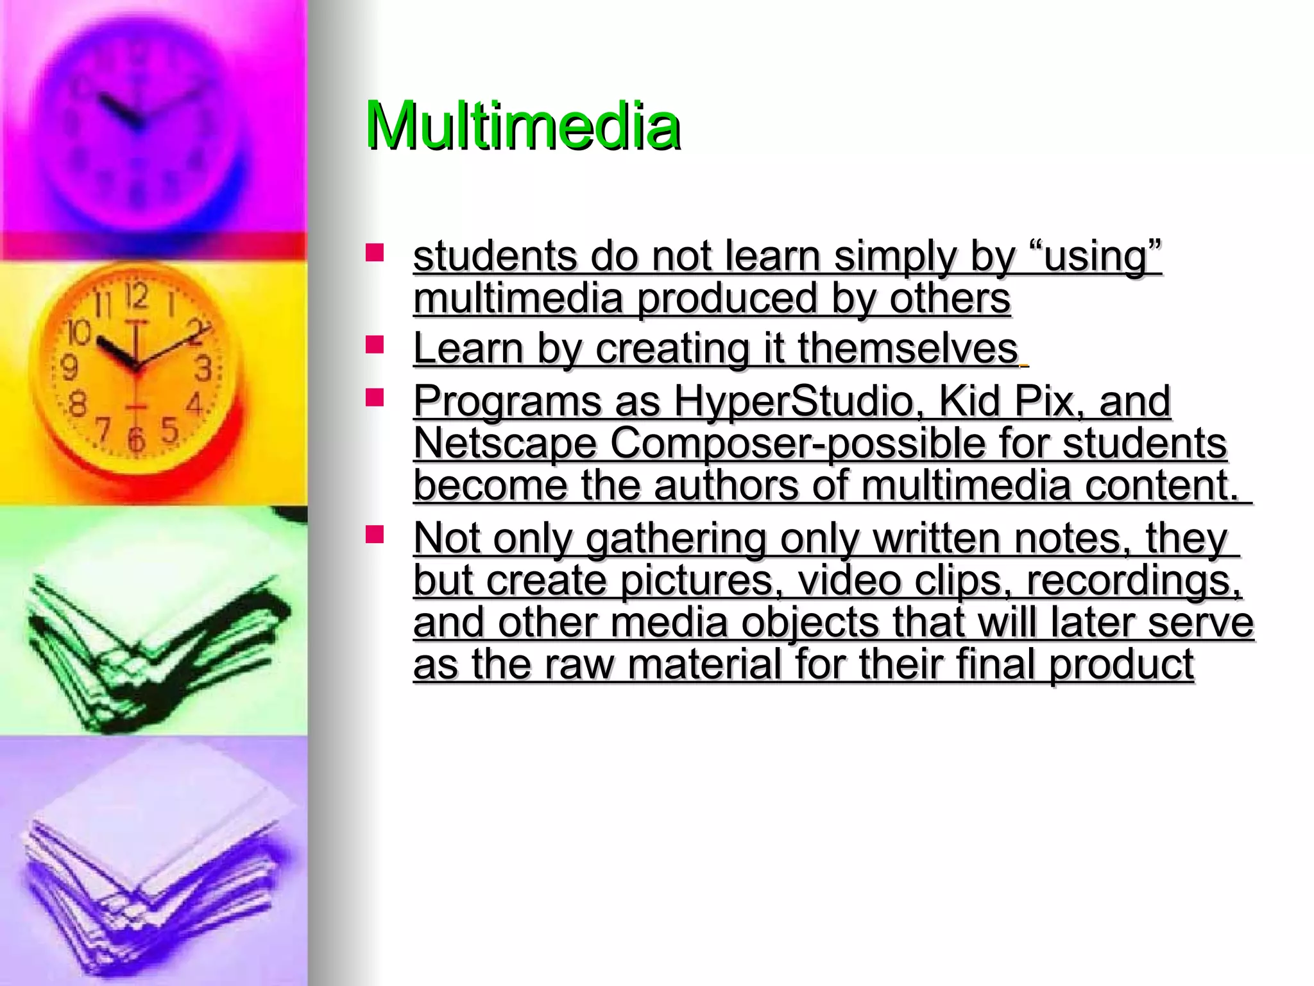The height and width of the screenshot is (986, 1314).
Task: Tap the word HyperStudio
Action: [x=793, y=401]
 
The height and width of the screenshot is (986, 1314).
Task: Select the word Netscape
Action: [x=505, y=444]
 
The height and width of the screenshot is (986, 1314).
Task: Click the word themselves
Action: [x=908, y=349]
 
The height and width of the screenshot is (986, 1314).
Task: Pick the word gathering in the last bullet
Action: [x=676, y=538]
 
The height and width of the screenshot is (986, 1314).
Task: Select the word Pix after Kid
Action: [x=1048, y=401]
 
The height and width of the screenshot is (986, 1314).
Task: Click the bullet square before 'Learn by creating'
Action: [x=374, y=345]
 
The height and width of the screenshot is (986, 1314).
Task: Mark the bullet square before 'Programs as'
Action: [x=374, y=398]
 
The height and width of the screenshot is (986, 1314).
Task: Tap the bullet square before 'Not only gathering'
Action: [x=374, y=534]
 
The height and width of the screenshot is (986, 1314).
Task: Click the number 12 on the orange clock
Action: [x=136, y=297]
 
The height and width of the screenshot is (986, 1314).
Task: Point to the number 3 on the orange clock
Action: [x=203, y=368]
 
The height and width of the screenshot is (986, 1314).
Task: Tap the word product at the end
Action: [x=1122, y=664]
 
